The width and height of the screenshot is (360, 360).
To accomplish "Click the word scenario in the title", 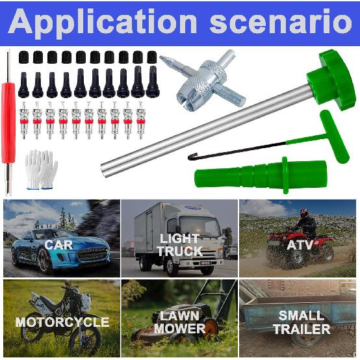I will tap(281, 23).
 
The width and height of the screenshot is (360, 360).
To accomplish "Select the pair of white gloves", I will tap(41, 168).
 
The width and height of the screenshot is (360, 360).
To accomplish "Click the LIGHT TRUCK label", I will tap(179, 245).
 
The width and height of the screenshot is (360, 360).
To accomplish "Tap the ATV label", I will tap(300, 245).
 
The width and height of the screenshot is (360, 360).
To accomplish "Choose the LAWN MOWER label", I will tap(179, 322).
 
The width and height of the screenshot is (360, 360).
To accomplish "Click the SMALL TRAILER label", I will tap(301, 322).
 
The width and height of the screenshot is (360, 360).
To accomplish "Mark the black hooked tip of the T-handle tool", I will tap(193, 157).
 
